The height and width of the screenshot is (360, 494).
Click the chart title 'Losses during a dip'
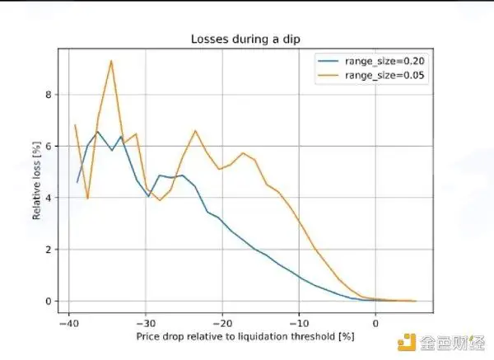(x=245, y=39)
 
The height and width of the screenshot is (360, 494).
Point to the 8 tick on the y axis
(x=49, y=95)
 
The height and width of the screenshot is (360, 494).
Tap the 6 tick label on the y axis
(x=49, y=147)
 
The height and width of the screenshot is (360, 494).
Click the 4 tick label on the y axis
(x=49, y=198)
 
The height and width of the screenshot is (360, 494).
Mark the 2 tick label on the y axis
(x=49, y=250)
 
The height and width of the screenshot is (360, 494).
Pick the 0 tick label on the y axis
(x=49, y=301)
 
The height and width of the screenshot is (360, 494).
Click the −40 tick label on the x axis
(x=68, y=324)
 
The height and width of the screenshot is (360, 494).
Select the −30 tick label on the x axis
(x=146, y=324)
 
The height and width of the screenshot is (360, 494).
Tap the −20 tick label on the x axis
(x=222, y=324)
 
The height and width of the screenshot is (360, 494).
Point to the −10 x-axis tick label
(x=299, y=324)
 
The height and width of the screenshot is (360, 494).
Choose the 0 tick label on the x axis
(x=375, y=324)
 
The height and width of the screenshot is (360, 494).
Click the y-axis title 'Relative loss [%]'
(x=36, y=180)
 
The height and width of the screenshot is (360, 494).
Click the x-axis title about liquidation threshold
(x=245, y=337)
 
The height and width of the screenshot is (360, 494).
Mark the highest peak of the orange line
(x=111, y=60)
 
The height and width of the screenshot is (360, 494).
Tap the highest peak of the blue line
(x=98, y=132)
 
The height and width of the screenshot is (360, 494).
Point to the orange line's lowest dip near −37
(x=87, y=199)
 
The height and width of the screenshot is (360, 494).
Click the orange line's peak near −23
(x=195, y=130)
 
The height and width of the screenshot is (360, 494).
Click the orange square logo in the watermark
(x=407, y=342)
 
